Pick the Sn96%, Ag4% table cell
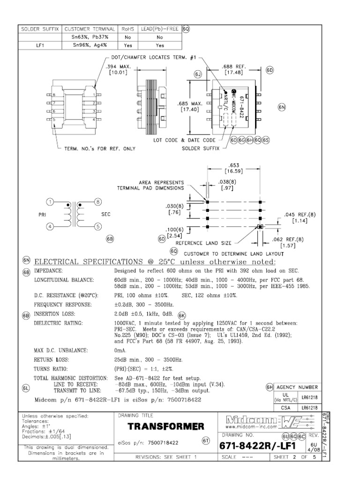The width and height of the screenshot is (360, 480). [90, 45]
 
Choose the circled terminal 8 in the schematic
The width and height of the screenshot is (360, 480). [97, 202]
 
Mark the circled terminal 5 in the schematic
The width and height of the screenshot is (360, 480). [97, 227]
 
